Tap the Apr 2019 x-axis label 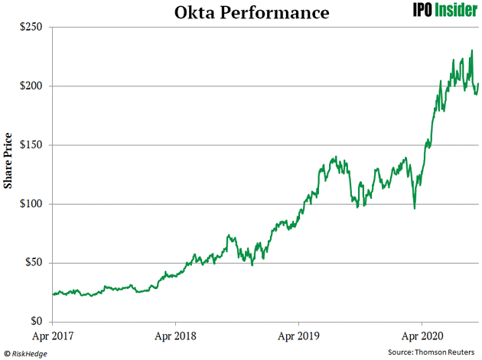coord(299,335)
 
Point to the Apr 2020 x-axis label coord(422,335)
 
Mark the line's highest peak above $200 coord(472,50)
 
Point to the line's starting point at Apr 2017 coord(52,294)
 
